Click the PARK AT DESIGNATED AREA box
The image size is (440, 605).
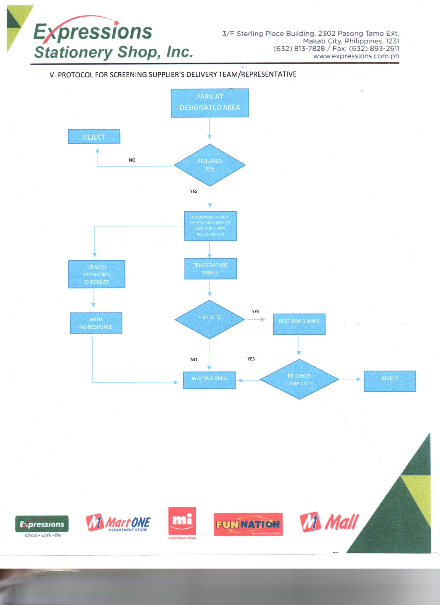point(210,103)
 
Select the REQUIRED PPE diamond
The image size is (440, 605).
point(210,165)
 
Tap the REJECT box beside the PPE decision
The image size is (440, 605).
point(94,137)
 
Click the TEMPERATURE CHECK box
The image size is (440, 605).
point(210,269)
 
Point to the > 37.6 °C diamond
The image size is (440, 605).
point(210,319)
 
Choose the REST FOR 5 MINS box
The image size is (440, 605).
point(299,324)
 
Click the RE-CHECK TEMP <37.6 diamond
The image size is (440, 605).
point(299,379)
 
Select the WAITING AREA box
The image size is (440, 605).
point(209,380)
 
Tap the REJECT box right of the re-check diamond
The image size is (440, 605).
point(390,381)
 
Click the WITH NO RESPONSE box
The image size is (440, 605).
point(96,323)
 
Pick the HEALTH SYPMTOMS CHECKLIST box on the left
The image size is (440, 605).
point(96,274)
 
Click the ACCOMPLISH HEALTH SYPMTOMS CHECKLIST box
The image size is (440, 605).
point(210,226)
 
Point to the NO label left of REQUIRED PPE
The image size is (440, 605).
point(132,160)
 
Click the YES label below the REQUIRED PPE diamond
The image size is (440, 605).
point(194,191)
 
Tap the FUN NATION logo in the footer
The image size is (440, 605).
point(248,524)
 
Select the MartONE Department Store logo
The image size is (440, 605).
point(118,523)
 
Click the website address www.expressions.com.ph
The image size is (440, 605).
point(356,56)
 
